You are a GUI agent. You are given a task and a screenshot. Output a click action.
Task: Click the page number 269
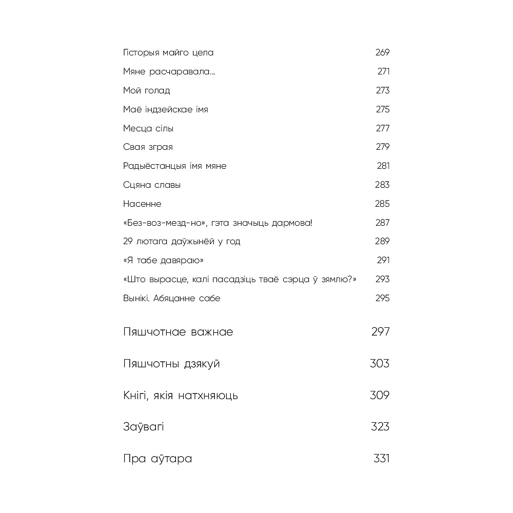(382, 53)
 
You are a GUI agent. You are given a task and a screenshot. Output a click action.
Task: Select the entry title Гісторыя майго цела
(168, 53)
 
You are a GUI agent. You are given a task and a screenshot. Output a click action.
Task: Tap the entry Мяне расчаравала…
(169, 72)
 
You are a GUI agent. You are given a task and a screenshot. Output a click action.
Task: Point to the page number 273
(383, 91)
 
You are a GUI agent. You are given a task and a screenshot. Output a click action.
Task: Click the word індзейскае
(166, 110)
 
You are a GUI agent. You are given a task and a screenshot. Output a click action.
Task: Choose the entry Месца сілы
(148, 128)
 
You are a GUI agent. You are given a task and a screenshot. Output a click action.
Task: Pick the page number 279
(383, 147)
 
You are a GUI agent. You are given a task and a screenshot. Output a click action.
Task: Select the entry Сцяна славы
(152, 185)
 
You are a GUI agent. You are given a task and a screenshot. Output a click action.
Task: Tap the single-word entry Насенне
(142, 204)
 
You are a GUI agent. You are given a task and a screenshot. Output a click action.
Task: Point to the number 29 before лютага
(128, 242)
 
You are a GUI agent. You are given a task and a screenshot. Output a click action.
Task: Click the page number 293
(383, 280)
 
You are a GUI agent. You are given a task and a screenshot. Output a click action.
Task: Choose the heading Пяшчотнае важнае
(178, 332)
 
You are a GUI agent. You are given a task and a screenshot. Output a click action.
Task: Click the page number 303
(380, 364)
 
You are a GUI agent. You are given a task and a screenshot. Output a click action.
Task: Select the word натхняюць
(208, 396)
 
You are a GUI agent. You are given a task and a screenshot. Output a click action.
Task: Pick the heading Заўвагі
(144, 427)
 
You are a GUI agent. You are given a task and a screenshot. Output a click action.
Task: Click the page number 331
(382, 459)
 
